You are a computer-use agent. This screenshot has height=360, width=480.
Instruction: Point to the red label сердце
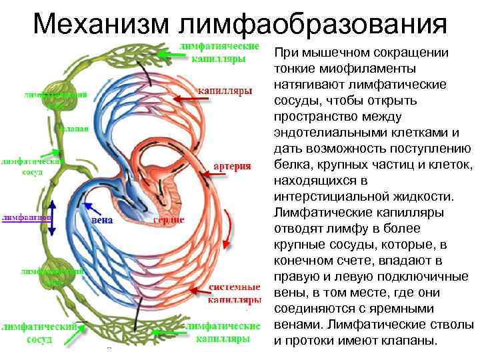(169, 220)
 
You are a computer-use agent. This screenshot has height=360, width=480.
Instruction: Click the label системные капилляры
(233, 294)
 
